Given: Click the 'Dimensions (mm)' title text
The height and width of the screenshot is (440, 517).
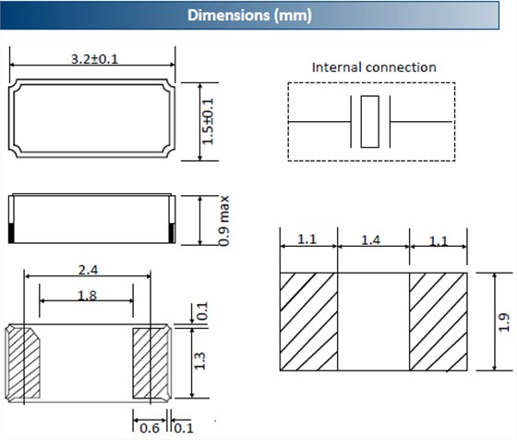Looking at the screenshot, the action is point(249,15).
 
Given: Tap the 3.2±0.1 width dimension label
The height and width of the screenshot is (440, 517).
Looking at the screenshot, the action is point(94,59).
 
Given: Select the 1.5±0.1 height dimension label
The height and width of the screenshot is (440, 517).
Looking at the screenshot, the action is point(208,121).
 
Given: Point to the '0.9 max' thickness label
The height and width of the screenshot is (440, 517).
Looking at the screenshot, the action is point(223,221).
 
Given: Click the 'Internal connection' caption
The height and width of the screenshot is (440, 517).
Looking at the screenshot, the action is point(374,67).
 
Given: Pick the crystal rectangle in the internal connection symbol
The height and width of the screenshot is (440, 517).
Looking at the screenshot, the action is point(370,122).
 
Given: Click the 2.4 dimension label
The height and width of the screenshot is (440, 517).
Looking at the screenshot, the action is point(88,270).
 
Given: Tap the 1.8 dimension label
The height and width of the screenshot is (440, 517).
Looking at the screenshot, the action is point(87,295).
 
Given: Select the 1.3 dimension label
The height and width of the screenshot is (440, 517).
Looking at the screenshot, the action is point(199,361).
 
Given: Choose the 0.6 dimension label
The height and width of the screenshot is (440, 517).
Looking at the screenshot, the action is point(150,428).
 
